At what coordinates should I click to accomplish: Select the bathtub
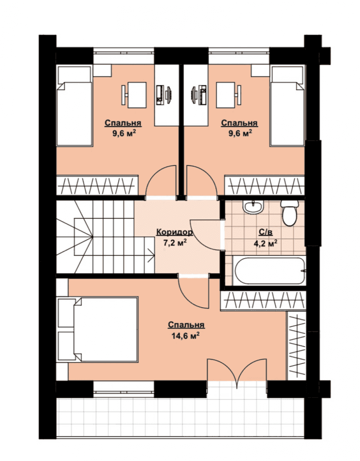pyautogui.click(x=269, y=271)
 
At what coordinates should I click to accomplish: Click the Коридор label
pyautogui.click(x=174, y=232)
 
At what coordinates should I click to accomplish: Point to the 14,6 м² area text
pyautogui.click(x=186, y=336)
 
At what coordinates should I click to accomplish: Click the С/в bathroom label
pyautogui.click(x=265, y=232)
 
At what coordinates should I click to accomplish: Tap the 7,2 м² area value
pyautogui.click(x=175, y=243)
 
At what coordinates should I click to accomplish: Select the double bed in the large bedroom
pyautogui.click(x=98, y=329)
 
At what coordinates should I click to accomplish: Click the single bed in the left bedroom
pyautogui.click(x=74, y=106)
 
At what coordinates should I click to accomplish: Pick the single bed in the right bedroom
pyautogui.click(x=287, y=106)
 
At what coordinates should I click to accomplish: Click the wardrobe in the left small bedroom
pyautogui.click(x=97, y=185)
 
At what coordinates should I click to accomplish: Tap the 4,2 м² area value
pyautogui.click(x=265, y=244)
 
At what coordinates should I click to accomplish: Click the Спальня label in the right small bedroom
pyautogui.click(x=239, y=123)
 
